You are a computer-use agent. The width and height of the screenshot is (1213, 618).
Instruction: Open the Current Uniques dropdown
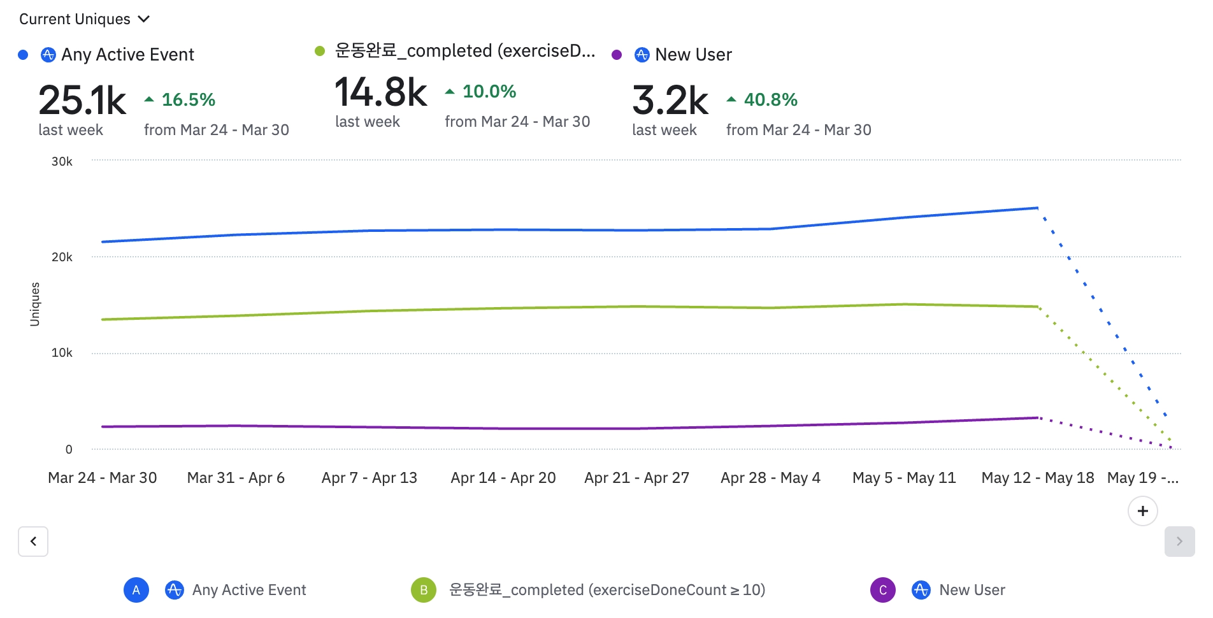(84, 19)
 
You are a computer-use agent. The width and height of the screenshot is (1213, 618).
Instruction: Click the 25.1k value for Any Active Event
(82, 101)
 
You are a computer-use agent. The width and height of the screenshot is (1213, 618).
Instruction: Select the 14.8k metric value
(380, 92)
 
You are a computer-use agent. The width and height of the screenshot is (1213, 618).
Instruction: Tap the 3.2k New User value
(670, 101)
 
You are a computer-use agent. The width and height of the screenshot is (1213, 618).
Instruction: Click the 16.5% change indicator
(180, 100)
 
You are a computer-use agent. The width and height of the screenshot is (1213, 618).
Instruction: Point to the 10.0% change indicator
(481, 92)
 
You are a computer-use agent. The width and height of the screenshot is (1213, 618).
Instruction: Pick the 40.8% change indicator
(763, 100)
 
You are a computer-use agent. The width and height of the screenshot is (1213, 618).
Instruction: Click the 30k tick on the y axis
(62, 162)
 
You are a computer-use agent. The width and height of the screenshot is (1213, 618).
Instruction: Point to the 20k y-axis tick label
(62, 257)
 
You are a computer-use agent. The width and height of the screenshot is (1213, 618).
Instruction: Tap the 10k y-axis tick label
(62, 353)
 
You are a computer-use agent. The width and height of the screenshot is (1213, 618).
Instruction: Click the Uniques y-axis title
(35, 305)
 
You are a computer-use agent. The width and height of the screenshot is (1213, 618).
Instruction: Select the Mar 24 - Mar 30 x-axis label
(103, 478)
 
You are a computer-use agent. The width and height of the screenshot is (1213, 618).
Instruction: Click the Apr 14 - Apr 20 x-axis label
(503, 478)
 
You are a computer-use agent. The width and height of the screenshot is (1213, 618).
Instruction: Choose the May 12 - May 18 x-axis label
(1038, 478)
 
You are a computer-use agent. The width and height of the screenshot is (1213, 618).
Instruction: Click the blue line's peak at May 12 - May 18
(1038, 208)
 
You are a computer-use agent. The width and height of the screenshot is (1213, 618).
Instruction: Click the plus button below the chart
(1143, 511)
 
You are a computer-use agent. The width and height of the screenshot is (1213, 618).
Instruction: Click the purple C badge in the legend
(883, 590)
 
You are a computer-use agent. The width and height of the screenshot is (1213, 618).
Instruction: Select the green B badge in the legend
(424, 590)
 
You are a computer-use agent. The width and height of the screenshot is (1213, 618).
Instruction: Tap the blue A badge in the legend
(136, 590)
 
